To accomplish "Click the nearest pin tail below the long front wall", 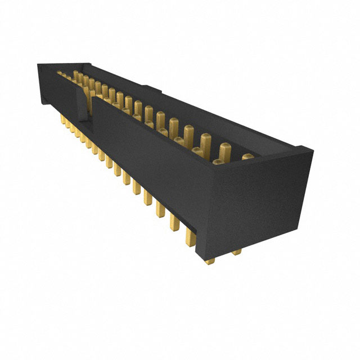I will click(x=190, y=236).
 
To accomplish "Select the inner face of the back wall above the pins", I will click(x=186, y=112).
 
